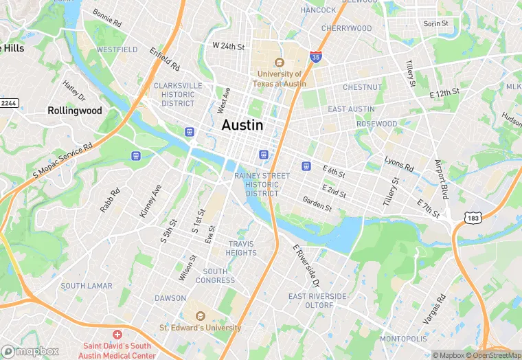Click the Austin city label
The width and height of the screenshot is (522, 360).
click(242, 126)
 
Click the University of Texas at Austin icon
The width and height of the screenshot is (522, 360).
click(280, 62)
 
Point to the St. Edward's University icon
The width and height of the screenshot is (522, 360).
click(201, 315)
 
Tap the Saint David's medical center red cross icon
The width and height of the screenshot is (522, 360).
click(117, 334)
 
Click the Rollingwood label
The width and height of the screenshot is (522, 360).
click(75, 110)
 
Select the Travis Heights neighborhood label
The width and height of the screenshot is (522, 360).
click(242, 248)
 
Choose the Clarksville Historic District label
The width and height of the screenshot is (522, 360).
click(178, 94)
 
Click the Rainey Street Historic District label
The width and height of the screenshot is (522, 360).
click(262, 185)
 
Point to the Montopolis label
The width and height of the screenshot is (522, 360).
click(403, 339)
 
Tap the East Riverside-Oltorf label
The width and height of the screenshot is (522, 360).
click(320, 301)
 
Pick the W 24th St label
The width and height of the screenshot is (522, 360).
click(229, 46)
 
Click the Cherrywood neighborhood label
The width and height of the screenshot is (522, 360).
click(346, 28)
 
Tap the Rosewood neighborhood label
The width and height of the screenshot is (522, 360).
click(376, 124)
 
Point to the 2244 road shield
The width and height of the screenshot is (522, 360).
click(9, 102)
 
